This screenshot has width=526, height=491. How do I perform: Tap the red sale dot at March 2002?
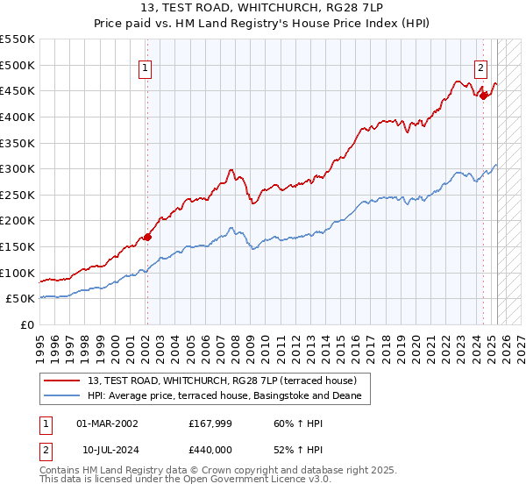(x=147, y=236)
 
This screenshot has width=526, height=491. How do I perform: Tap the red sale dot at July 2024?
(x=483, y=96)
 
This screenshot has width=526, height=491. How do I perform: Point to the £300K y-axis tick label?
(x=18, y=168)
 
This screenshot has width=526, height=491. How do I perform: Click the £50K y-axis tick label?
(x=21, y=299)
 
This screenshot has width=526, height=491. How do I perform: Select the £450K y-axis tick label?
(x=18, y=90)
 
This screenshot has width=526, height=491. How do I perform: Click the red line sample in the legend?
(x=62, y=381)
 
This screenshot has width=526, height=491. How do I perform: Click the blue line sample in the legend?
(x=62, y=395)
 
